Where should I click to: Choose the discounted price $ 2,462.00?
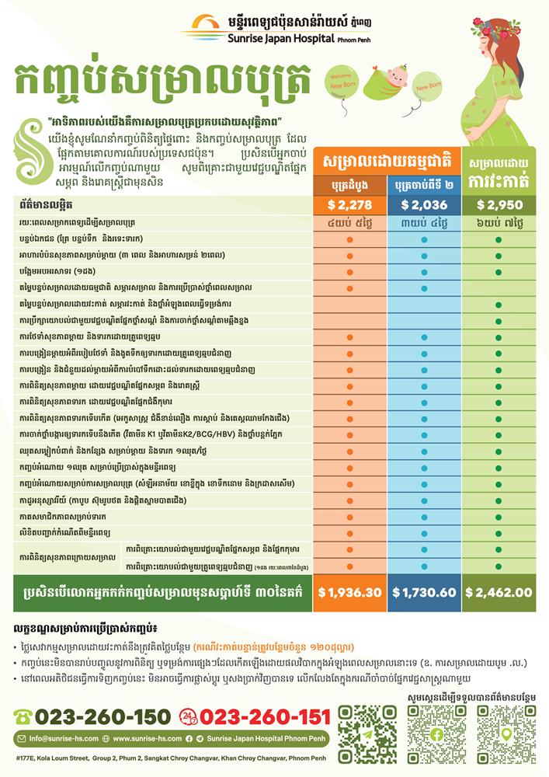tap(498, 592)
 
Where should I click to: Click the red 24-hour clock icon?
tap(190, 716)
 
